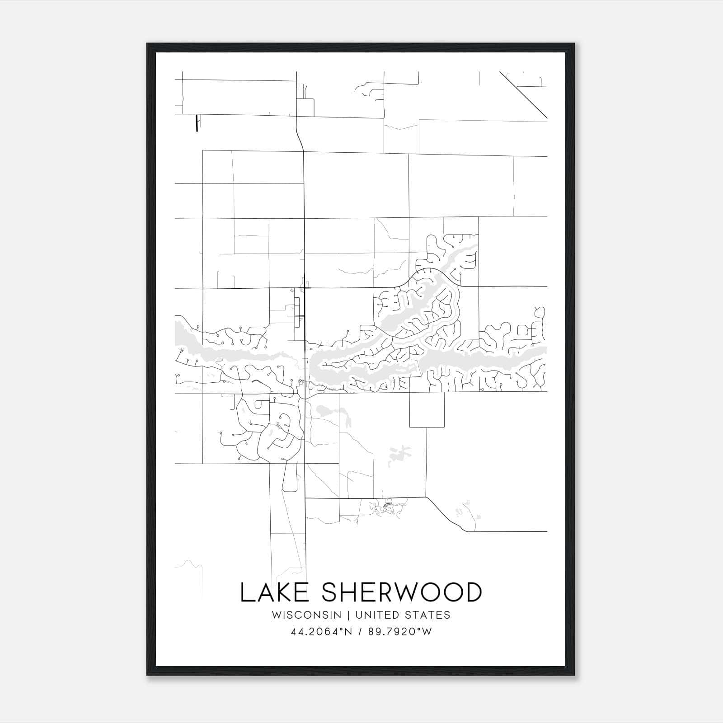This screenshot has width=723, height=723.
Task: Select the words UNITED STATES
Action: pyautogui.click(x=403, y=615)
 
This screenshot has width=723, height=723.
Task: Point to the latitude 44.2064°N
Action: pyautogui.click(x=321, y=632)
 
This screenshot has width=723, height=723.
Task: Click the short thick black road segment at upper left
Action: pyautogui.click(x=197, y=123)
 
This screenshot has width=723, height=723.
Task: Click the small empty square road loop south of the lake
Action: pyautogui.click(x=427, y=409)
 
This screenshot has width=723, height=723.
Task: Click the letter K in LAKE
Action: pyautogui.click(x=281, y=592)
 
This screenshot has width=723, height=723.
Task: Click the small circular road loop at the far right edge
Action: pyautogui.click(x=540, y=312)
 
